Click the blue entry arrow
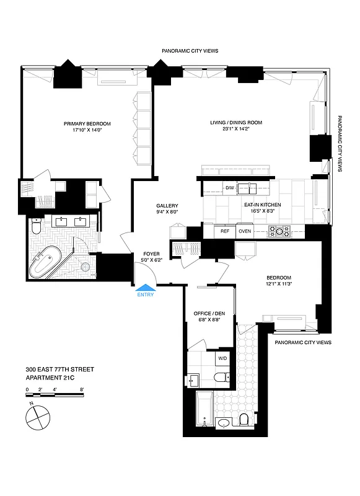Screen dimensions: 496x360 [x=146, y=287]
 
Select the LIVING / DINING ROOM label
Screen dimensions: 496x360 [x=235, y=123]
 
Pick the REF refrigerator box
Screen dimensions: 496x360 [x=226, y=231]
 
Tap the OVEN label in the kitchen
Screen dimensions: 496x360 [x=245, y=231]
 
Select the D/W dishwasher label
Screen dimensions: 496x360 [x=229, y=188]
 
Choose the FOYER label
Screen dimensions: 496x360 [x=152, y=254]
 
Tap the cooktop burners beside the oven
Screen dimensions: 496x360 [x=279, y=232]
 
